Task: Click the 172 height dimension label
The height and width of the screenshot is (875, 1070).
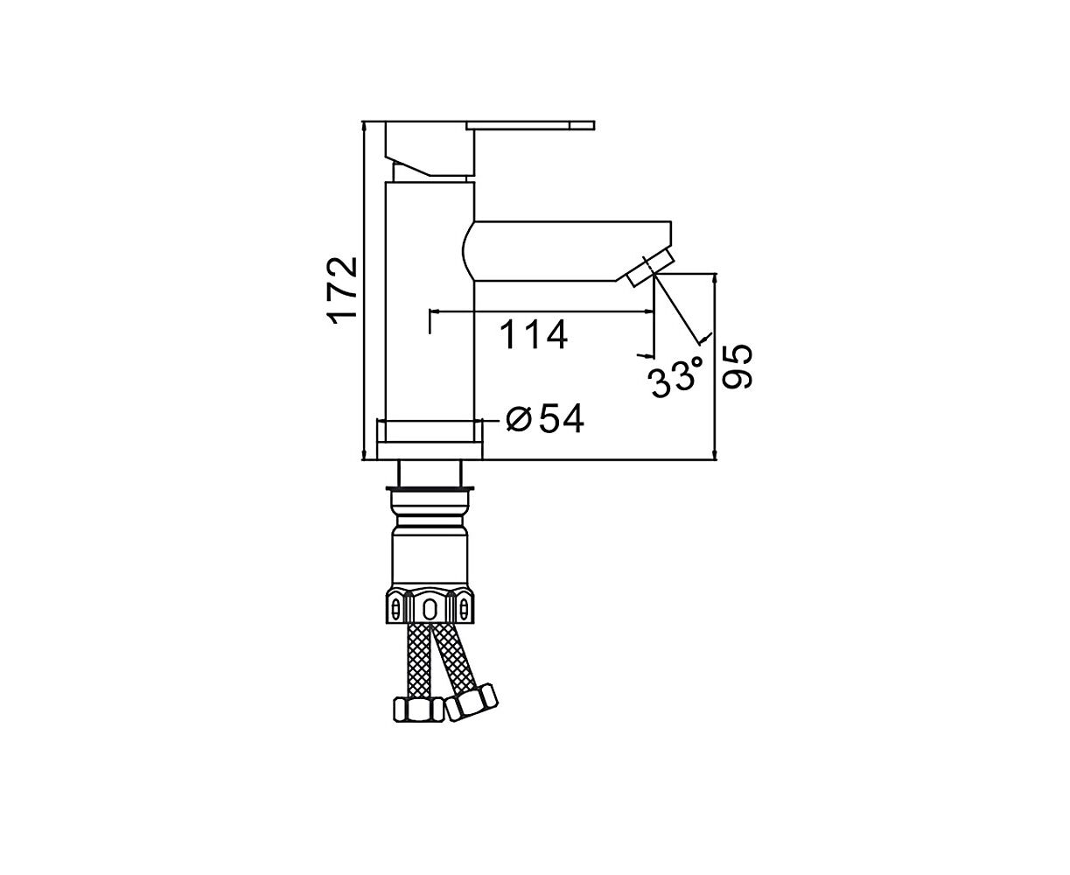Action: [342, 290]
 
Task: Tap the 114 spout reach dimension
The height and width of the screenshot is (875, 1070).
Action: [533, 335]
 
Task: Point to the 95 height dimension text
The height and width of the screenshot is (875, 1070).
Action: [736, 367]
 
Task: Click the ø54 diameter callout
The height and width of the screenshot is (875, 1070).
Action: [545, 419]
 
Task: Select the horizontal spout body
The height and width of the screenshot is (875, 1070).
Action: [567, 251]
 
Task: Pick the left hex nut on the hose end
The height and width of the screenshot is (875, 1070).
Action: [417, 710]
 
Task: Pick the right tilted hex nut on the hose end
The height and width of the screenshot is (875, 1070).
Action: [472, 702]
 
